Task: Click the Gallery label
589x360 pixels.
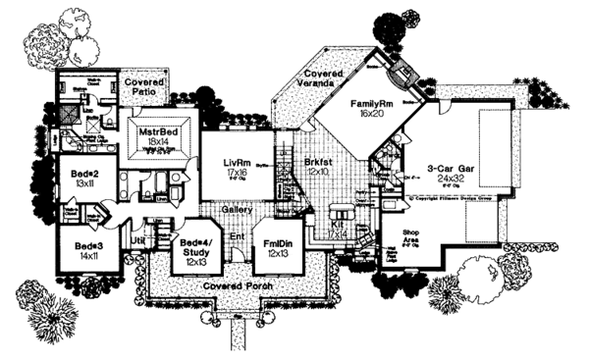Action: pyautogui.click(x=235, y=209)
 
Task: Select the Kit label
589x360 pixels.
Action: pyautogui.click(x=337, y=225)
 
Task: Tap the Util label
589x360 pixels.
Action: pyautogui.click(x=138, y=238)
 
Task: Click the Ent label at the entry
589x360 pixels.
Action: pyautogui.click(x=238, y=236)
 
